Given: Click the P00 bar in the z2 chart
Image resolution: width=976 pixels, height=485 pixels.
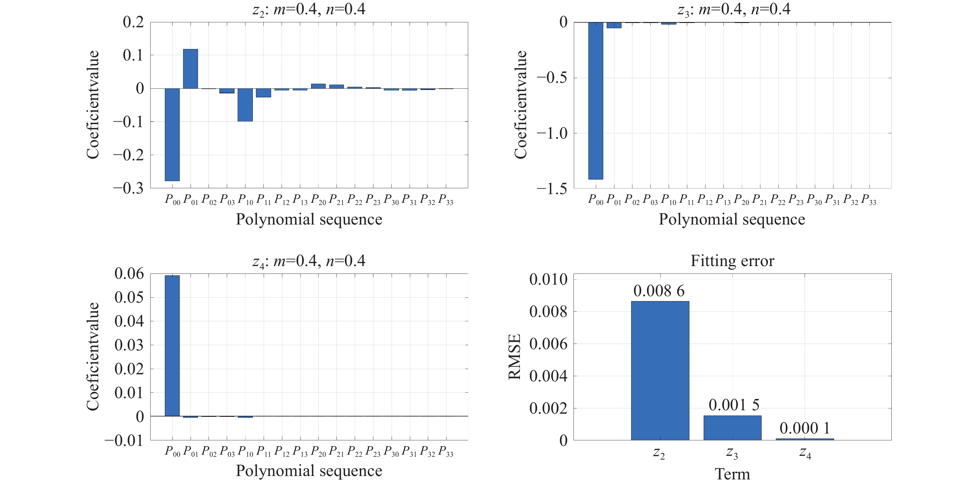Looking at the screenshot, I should click(x=172, y=135).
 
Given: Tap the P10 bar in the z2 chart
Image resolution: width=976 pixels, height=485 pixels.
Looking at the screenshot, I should click(x=245, y=105).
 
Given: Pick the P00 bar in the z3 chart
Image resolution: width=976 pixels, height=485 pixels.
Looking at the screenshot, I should click(x=595, y=100).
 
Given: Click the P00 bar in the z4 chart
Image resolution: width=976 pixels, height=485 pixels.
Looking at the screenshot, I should click(x=172, y=346).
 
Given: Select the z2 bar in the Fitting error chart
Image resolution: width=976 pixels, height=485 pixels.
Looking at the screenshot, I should click(x=660, y=371).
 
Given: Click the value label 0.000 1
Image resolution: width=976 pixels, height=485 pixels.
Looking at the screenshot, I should click(x=805, y=429).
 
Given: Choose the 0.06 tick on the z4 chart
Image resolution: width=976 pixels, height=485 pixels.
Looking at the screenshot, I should click(x=129, y=274).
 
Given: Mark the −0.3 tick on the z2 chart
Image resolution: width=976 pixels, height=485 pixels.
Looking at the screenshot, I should click(x=129, y=189).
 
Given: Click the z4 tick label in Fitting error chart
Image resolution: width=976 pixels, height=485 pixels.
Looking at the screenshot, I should click(x=805, y=453).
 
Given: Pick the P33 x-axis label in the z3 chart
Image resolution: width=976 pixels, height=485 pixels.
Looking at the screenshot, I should click(x=869, y=200).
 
